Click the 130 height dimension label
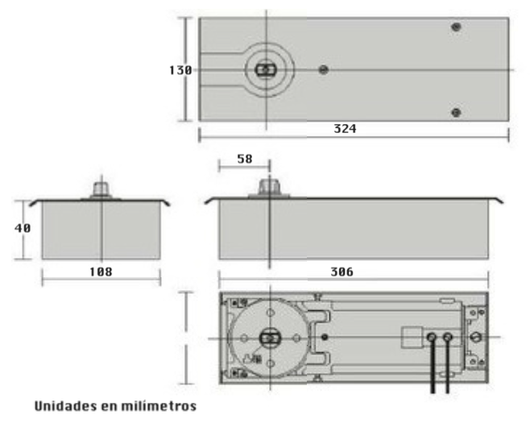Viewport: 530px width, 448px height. point(180,70)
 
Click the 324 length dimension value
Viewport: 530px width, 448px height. point(346,129)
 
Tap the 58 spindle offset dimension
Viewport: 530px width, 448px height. point(244,160)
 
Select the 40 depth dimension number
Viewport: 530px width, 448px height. point(23,228)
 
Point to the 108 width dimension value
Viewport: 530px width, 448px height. point(100,272)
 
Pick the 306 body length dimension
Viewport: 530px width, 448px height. point(342,272)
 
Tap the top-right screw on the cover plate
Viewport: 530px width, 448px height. point(457,27)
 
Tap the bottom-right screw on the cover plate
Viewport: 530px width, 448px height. point(457,112)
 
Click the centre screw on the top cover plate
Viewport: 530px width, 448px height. point(323,70)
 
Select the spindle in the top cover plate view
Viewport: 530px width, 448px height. point(263,70)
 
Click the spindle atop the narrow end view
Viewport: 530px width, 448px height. point(101,189)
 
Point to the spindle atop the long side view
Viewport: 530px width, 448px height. point(268,189)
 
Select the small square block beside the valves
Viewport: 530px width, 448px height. point(412,336)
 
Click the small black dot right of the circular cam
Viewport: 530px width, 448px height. point(324,336)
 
